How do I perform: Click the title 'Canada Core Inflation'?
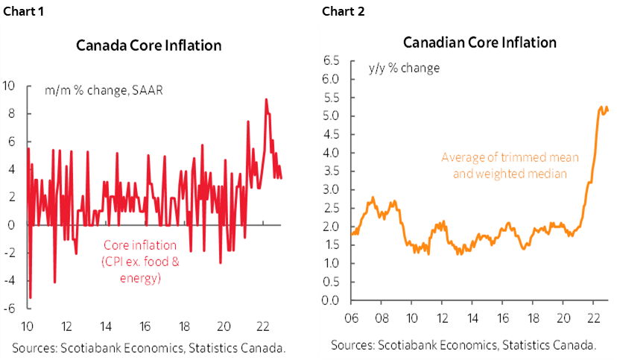(149, 45)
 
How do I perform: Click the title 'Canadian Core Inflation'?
(480, 42)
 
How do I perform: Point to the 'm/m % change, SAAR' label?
(103, 91)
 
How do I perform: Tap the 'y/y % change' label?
(404, 68)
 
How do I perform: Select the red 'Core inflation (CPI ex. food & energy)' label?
(141, 262)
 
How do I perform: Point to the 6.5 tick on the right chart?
(331, 60)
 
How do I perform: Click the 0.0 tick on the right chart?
(331, 300)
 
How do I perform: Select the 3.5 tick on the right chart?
(331, 171)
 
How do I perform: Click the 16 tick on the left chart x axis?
(145, 326)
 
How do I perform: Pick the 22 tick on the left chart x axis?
(262, 326)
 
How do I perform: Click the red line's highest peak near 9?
(266, 100)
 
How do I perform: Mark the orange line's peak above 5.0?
(607, 107)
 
